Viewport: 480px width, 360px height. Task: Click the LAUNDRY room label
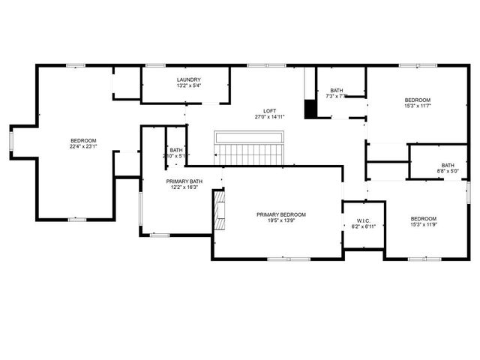pos(189,80)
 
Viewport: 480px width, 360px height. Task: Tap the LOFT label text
pos(270,111)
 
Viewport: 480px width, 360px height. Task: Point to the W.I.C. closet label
pos(362,220)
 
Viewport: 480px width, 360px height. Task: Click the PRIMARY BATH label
pos(184,181)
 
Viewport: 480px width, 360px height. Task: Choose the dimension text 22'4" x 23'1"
pos(84,147)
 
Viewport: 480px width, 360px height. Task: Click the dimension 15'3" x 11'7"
pos(418,106)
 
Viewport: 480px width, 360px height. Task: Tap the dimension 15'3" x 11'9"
pos(423,224)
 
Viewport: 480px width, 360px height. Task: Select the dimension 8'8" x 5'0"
pos(448,172)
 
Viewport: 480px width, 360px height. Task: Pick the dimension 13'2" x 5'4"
pos(189,86)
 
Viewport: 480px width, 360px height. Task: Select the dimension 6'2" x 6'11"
pos(362,226)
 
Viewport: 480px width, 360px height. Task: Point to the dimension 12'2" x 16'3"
pos(184,187)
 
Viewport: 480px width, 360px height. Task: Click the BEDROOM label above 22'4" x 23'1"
pos(84,141)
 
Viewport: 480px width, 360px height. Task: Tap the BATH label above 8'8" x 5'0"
pos(448,166)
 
